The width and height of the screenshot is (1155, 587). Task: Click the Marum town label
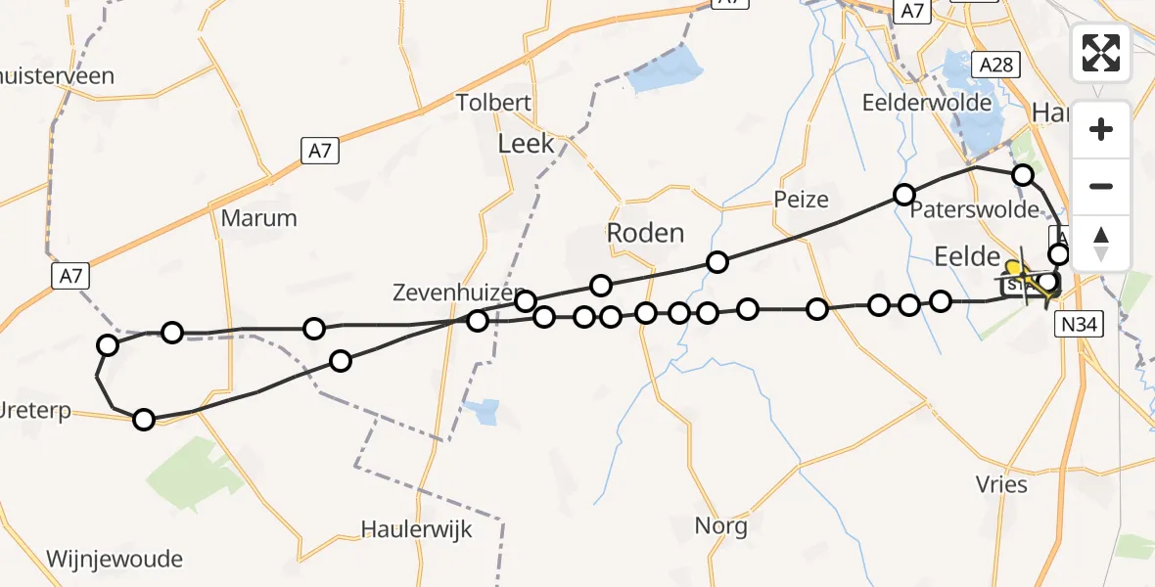(258, 217)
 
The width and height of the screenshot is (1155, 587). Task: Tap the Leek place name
(526, 144)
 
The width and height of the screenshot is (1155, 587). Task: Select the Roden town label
(645, 233)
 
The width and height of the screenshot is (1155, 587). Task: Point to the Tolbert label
(493, 103)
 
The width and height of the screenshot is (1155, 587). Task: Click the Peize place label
(801, 200)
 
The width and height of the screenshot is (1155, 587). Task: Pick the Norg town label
(720, 526)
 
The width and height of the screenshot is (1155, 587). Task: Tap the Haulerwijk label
(416, 530)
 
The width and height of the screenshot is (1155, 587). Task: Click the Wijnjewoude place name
(114, 560)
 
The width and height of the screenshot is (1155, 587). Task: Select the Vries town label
(1001, 484)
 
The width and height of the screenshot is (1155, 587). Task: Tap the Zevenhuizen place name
(451, 292)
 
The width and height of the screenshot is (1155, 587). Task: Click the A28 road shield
(996, 65)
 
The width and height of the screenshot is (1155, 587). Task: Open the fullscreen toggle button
(1101, 52)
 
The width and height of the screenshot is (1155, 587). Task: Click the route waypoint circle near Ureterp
(144, 420)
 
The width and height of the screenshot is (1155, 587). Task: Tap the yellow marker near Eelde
(1013, 266)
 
